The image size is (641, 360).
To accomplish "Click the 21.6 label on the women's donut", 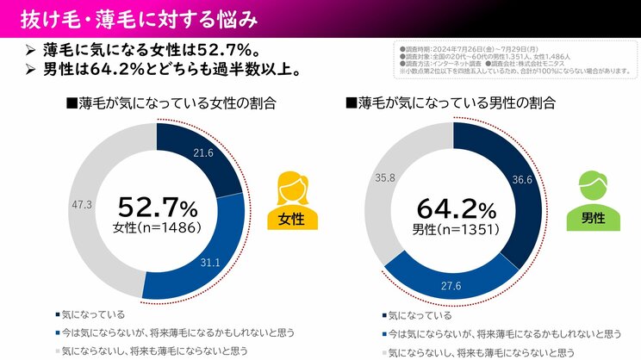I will pyautogui.click(x=204, y=152).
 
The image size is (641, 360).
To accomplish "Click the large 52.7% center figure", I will pyautogui.click(x=157, y=207).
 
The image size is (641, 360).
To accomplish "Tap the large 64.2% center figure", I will pyautogui.click(x=456, y=208).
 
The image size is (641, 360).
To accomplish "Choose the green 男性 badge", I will pyautogui.click(x=591, y=218).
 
